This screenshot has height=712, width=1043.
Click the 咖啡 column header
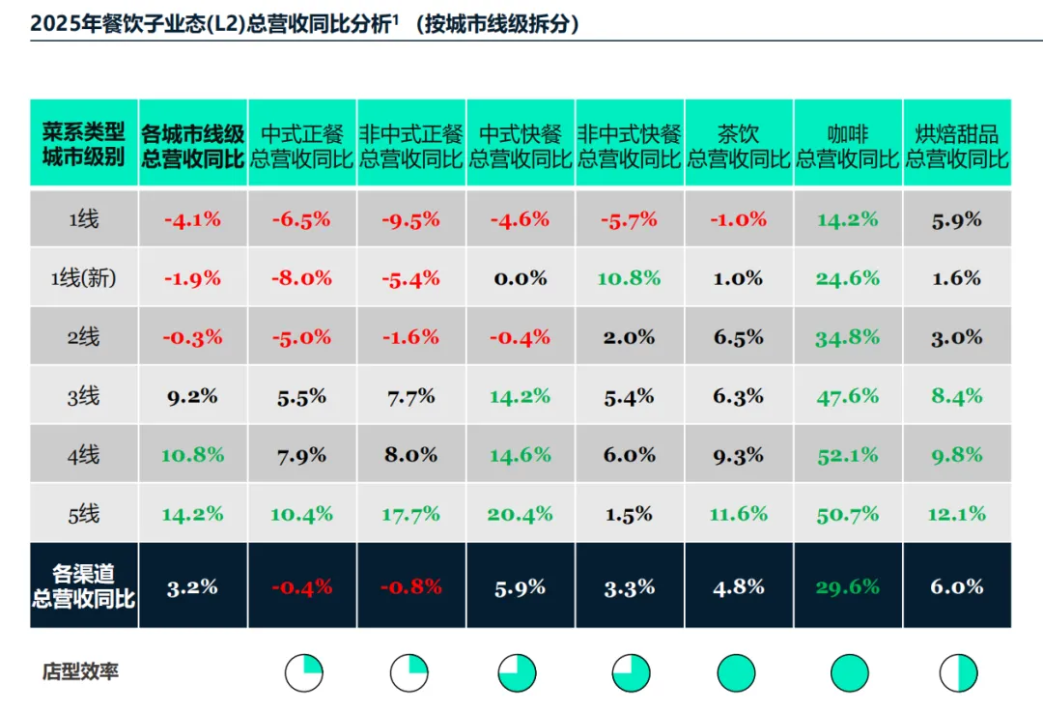click(848, 145)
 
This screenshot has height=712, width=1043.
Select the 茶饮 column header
click(739, 145)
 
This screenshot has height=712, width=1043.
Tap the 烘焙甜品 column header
click(957, 145)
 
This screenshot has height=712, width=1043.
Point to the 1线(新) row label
click(84, 278)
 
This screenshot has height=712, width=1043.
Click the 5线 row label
click(84, 514)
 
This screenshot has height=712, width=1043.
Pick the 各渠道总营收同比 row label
click(84, 586)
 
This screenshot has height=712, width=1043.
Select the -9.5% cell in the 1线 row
click(410, 219)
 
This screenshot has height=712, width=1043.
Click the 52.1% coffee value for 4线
click(848, 455)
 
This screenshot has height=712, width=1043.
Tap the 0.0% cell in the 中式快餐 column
click(520, 278)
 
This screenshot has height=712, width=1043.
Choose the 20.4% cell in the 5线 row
click(520, 514)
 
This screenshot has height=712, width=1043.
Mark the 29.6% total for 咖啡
click(848, 586)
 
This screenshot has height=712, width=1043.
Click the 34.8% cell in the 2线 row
click(848, 337)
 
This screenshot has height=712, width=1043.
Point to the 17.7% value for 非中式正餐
click(410, 514)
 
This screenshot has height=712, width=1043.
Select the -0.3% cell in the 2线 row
click(192, 337)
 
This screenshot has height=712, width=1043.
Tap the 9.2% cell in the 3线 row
click(192, 396)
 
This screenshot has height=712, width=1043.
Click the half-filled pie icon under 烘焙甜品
click(958, 672)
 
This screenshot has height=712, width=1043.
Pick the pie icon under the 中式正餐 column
click(303, 672)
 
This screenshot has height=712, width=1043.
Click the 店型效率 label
click(80, 671)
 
